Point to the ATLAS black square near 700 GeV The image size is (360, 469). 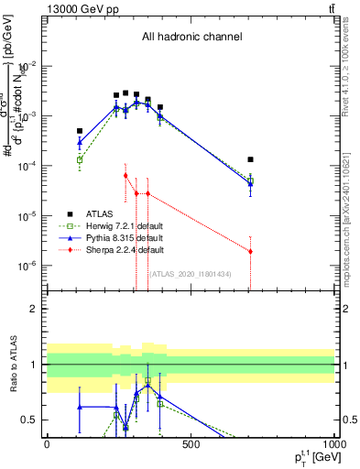pos(250,159)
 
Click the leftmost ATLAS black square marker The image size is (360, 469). pos(80,131)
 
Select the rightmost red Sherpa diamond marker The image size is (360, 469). pos(250,251)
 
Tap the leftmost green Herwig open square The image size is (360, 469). pos(80,160)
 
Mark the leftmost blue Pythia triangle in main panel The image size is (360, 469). pos(80,142)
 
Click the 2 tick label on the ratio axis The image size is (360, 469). pos(34,309)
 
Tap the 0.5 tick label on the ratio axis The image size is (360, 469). pos(30,420)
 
